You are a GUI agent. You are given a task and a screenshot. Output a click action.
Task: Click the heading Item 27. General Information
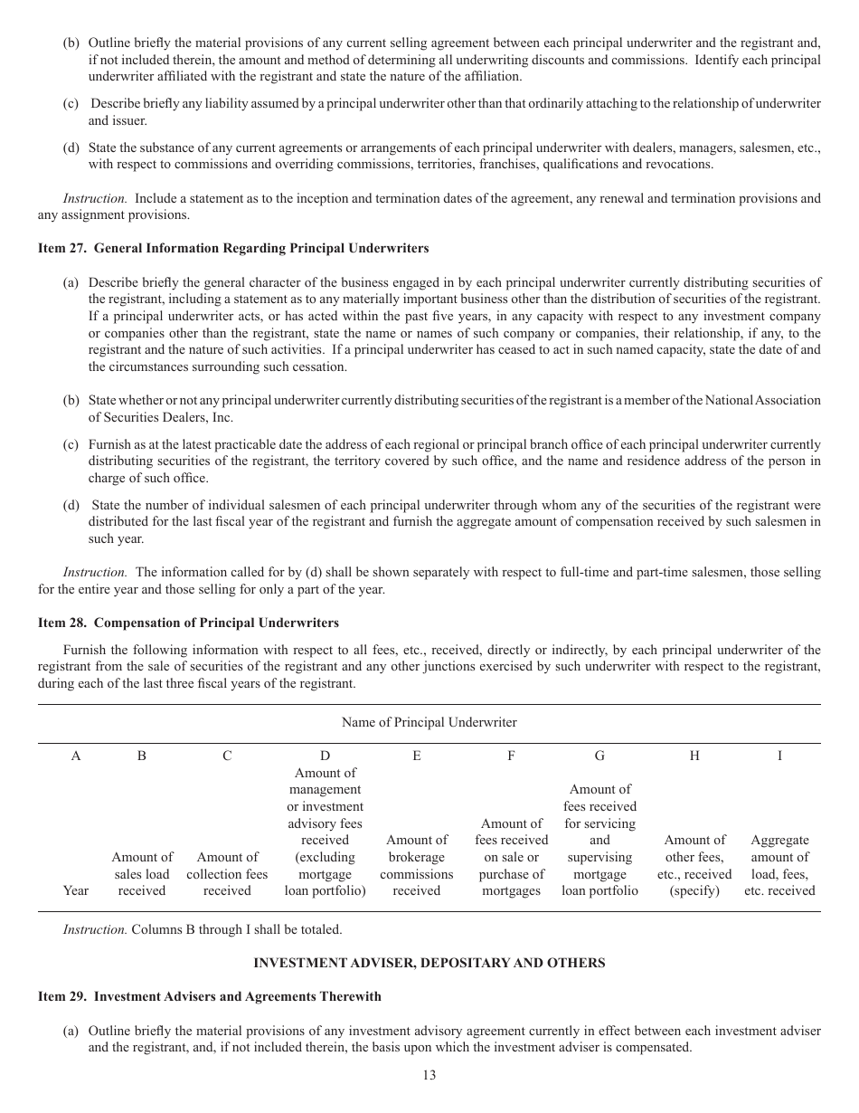233,248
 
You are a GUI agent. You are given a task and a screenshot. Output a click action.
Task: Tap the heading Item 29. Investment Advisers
209,996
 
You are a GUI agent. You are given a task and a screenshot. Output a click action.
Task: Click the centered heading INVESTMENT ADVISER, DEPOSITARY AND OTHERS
429,963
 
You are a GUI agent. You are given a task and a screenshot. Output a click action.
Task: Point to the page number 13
429,1075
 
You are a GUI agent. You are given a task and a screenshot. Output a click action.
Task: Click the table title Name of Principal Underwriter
429,722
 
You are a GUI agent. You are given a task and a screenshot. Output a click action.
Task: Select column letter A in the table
76,756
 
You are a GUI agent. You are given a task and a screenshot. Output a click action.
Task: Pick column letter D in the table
325,756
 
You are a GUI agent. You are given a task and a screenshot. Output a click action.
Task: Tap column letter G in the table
599,756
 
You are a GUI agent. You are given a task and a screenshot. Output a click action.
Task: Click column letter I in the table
779,756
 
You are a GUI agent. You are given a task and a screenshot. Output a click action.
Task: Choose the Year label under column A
76,890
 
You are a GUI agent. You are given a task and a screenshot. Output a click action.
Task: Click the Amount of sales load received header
142,873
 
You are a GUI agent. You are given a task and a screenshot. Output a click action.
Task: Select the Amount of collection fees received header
227,873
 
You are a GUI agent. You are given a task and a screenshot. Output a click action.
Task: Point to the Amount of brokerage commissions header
416,865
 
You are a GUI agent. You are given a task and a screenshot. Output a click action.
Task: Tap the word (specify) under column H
694,890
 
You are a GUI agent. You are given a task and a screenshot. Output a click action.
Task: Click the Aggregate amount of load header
779,865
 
